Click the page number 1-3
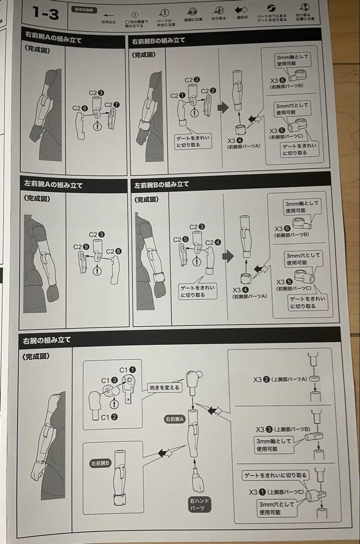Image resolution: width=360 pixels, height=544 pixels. point(45,14)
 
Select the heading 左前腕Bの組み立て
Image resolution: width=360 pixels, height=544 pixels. point(161,184)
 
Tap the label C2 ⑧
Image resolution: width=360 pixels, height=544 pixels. point(113,251)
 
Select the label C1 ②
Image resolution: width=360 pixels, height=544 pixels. point(109,417)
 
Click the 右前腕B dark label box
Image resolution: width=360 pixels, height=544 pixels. point(101,463)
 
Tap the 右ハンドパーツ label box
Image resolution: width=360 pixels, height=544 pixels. point(199,504)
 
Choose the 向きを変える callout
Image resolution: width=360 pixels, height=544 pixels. point(164,388)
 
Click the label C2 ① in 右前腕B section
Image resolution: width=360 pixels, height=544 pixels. point(177,96)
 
